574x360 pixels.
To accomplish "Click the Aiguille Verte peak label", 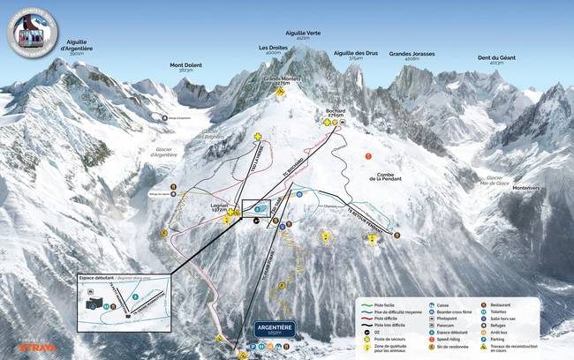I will coord(302,35).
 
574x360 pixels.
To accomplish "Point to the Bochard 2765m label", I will coord(335,113).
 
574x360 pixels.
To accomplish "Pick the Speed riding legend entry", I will coord(446,338).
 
